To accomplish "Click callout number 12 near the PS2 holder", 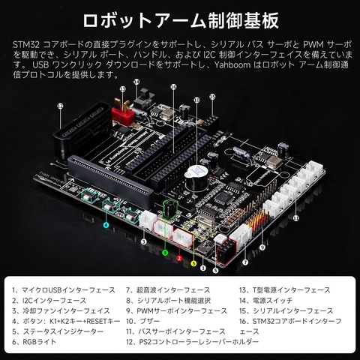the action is click(x=60, y=106).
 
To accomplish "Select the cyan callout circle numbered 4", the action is click(x=106, y=225).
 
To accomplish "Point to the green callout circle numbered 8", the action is click(x=165, y=253).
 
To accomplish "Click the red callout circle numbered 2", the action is click(x=179, y=258).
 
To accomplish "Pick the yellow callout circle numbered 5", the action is click(x=193, y=263).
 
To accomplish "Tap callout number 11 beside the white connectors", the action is click(x=295, y=218).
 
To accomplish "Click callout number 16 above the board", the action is click(x=173, y=87).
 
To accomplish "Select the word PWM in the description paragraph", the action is click(x=313, y=45).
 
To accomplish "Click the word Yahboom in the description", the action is click(x=232, y=65).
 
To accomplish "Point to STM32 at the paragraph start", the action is click(x=25, y=45).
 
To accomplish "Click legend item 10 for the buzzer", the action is click(x=142, y=321).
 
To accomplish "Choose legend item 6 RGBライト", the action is click(x=34, y=342).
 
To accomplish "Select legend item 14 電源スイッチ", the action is click(x=265, y=300).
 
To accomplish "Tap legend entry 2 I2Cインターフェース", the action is click(x=49, y=300).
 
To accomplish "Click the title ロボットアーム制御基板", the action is click(x=181, y=20).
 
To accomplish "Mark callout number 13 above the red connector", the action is click(x=122, y=88).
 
